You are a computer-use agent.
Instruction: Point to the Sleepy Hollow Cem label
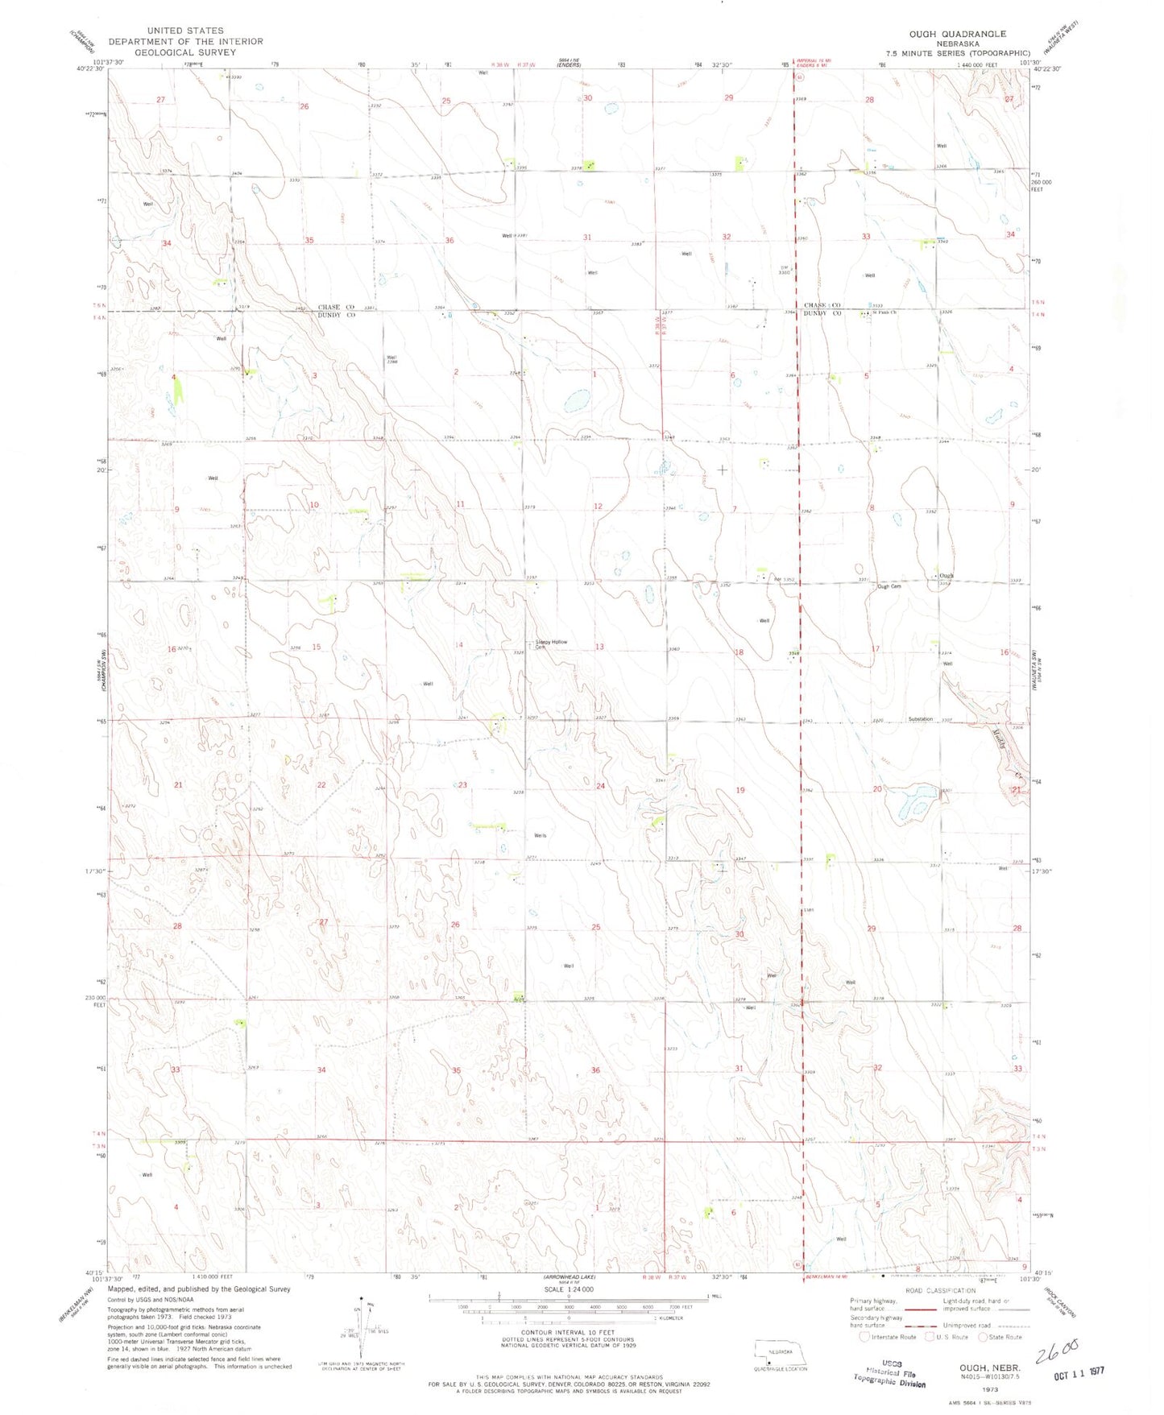click(x=552, y=643)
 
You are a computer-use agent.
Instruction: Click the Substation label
click(x=920, y=718)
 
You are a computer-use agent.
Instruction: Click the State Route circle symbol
click(x=984, y=1338)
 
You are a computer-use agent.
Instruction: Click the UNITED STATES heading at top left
click(x=185, y=31)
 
